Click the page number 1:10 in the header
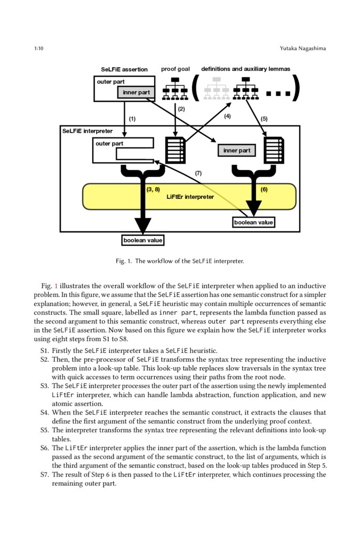click(38, 49)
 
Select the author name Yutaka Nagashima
click(302, 49)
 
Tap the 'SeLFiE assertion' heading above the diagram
click(124, 69)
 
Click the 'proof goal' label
click(175, 69)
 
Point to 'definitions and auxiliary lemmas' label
click(245, 69)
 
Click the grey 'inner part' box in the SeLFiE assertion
click(136, 93)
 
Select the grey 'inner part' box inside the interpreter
click(237, 151)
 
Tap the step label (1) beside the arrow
click(132, 119)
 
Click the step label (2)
click(181, 109)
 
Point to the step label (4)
click(227, 116)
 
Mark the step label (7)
click(198, 173)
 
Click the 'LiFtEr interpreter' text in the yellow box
click(190, 197)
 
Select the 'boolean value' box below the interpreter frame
click(142, 240)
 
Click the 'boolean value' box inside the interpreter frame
click(253, 222)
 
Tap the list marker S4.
click(44, 413)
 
